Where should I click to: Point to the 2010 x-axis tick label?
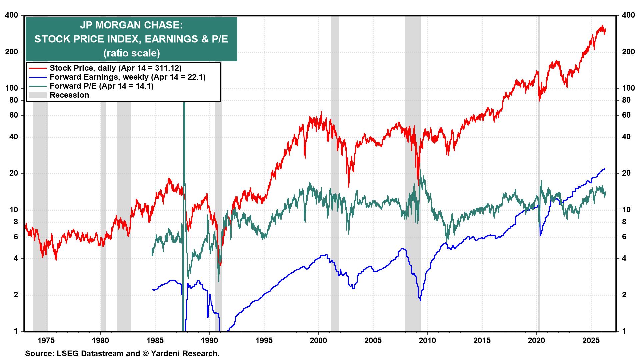click(x=427, y=341)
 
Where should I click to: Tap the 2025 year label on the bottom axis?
click(x=591, y=341)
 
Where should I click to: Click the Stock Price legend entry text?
click(x=115, y=68)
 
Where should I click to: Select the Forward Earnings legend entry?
click(x=127, y=77)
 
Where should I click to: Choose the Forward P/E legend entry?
click(x=101, y=86)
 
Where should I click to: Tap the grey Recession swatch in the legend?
click(x=37, y=95)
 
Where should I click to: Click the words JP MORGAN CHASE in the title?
click(x=131, y=25)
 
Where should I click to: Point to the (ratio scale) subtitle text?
click(x=131, y=53)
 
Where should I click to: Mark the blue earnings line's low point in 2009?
click(x=420, y=300)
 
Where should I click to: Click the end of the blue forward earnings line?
click(x=605, y=168)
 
